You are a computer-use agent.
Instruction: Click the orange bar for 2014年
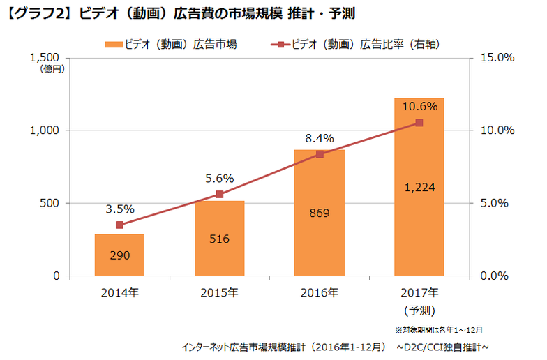coord(119,255)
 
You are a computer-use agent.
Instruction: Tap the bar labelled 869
coord(320,213)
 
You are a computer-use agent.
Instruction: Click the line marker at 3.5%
coord(119,225)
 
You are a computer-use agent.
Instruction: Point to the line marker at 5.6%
coord(220,195)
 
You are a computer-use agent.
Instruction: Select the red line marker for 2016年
coord(320,153)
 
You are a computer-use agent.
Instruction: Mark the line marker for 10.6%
coord(419,123)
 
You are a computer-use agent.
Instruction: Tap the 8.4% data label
coord(320,137)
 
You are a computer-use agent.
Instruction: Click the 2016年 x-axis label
coord(320,292)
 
